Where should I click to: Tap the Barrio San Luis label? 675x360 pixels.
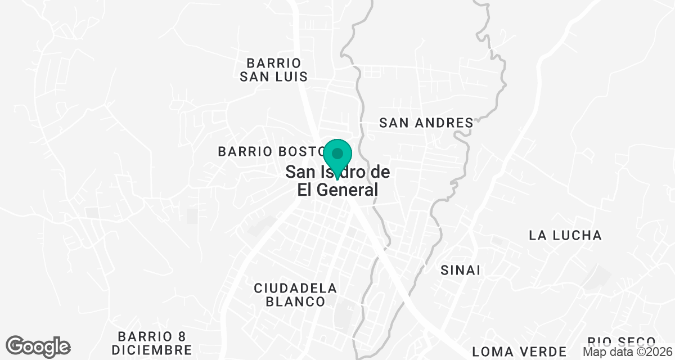point(273,69)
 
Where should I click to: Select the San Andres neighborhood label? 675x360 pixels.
point(426,122)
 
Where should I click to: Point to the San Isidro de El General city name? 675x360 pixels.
point(337,181)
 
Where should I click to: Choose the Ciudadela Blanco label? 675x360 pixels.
point(295,295)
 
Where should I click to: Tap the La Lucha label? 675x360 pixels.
point(565,235)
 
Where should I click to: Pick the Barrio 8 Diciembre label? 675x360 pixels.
point(152,343)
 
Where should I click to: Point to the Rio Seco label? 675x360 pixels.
point(622,341)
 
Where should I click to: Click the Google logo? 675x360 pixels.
point(38,346)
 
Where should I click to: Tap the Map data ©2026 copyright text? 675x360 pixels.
point(627,352)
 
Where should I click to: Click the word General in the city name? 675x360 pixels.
point(346,190)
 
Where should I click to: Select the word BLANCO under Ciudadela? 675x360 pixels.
point(295,302)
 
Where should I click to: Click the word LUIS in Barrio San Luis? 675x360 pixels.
point(291,76)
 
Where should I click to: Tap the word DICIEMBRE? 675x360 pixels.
point(152,350)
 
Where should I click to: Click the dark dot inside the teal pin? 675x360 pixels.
point(337,153)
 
